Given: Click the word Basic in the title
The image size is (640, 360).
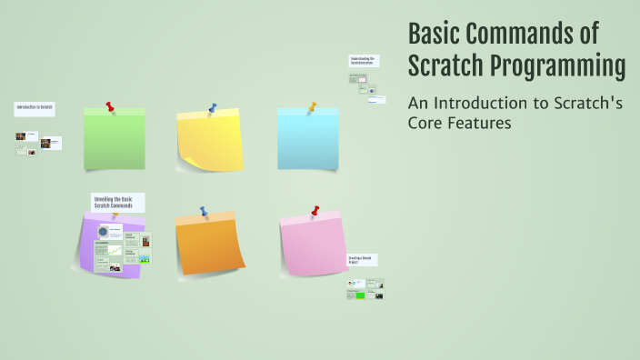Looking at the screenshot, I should coord(435,34).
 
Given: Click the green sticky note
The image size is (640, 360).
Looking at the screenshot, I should coord(115,140).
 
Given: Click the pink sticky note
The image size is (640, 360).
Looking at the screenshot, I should coord(314,245).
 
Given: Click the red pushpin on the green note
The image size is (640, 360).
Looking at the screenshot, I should coord(110,107).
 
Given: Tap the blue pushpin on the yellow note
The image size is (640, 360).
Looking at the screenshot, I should coord(213,109).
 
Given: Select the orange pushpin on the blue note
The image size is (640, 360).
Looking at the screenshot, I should coord(312,107).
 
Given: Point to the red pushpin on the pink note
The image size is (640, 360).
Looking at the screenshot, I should coord(315,211).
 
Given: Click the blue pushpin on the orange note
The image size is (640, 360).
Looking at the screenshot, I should coord(205,212).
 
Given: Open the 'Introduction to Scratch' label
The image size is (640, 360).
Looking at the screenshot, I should coord(34,108).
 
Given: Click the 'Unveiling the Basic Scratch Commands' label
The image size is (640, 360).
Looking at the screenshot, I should coord(116,202).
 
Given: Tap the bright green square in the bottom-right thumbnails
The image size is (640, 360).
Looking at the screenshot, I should coord(360,295).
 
